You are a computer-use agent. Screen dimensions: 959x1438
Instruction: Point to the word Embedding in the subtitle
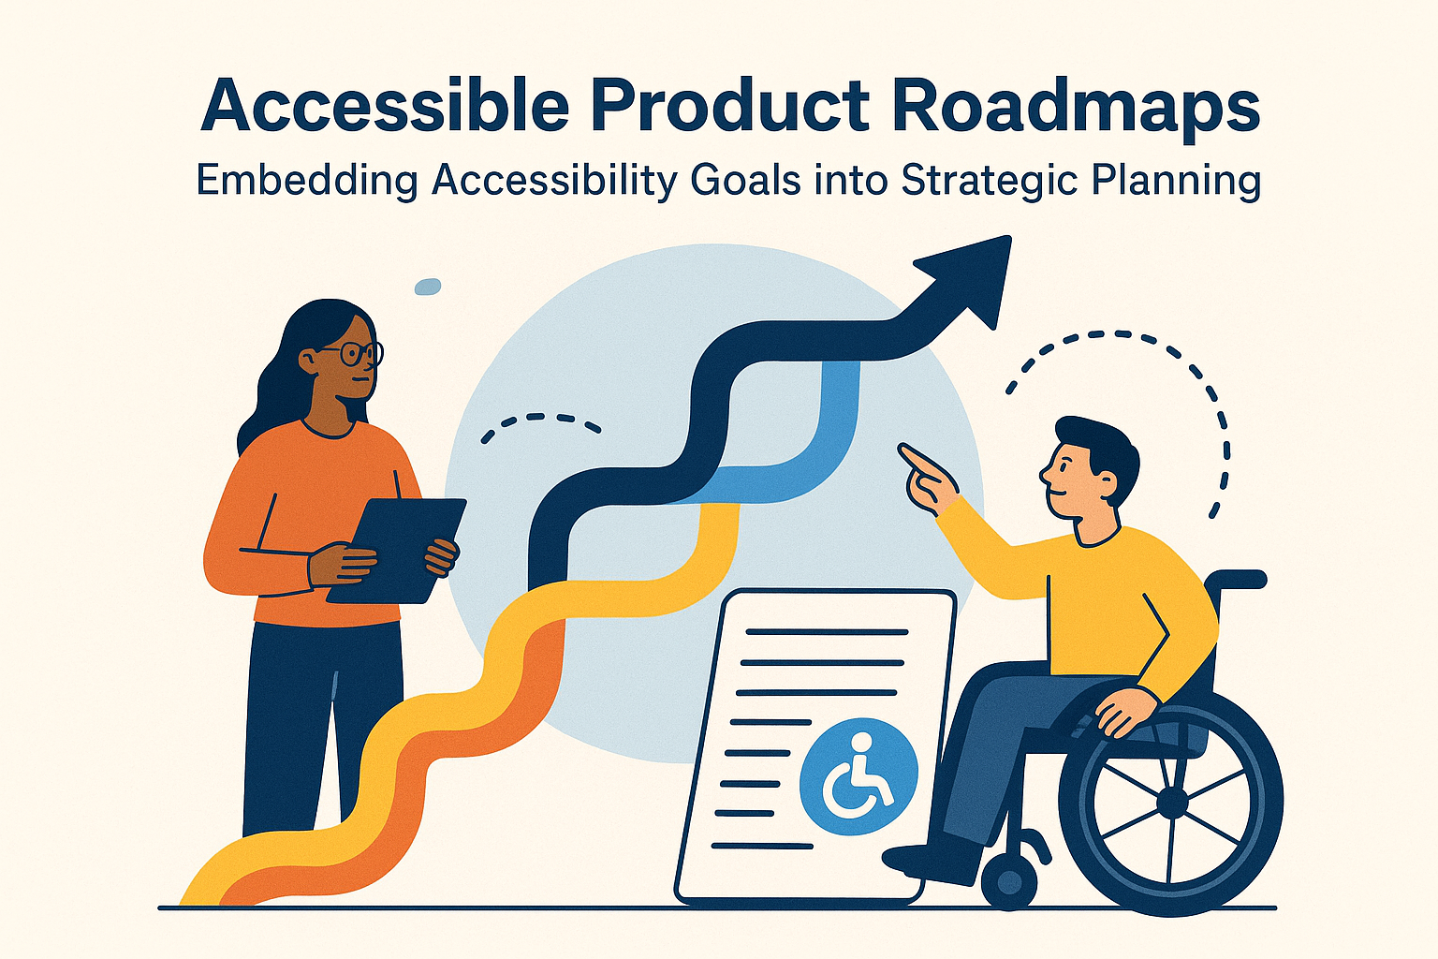(x=306, y=181)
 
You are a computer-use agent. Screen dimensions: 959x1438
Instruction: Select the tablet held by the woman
(x=398, y=548)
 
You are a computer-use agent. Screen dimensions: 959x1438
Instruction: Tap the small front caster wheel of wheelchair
(x=1008, y=880)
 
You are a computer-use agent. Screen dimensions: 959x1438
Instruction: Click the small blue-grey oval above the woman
(x=427, y=287)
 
